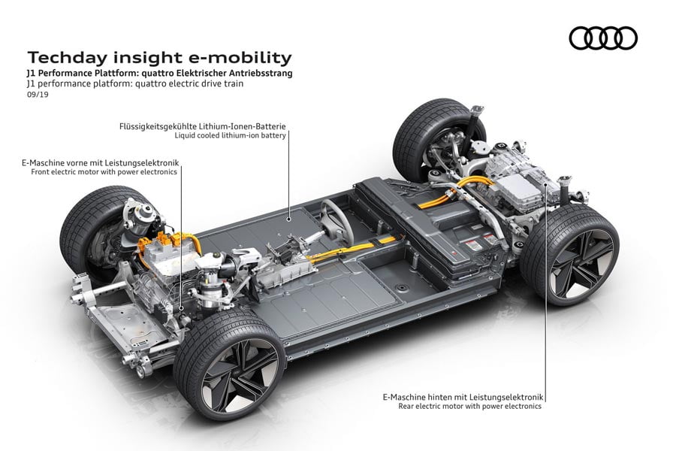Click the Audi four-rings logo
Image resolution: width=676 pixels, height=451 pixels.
(x=602, y=38)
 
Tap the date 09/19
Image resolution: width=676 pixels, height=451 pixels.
(x=36, y=95)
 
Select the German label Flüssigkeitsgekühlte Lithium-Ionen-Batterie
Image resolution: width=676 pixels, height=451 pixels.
(x=202, y=126)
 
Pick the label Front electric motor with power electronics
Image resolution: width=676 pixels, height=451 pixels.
(x=104, y=171)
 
